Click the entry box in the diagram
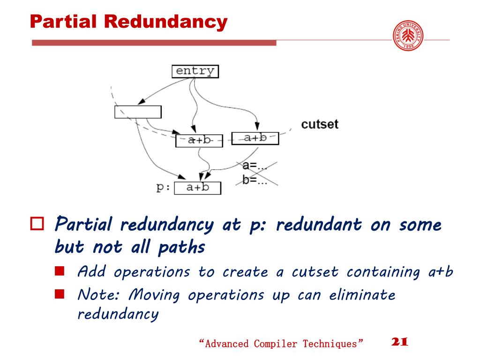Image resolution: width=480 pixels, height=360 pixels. click(x=195, y=71)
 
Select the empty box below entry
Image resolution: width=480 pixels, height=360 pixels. click(x=138, y=112)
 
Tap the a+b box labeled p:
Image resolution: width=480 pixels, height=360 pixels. click(x=197, y=188)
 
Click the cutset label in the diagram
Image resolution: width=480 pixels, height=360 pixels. click(x=320, y=124)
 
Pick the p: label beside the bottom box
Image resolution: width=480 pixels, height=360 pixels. click(x=163, y=187)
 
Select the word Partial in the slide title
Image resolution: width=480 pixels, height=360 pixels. click(x=64, y=22)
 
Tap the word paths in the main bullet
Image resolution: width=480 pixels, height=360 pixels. click(x=181, y=247)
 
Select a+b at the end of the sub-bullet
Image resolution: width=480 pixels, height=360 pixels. click(x=442, y=271)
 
